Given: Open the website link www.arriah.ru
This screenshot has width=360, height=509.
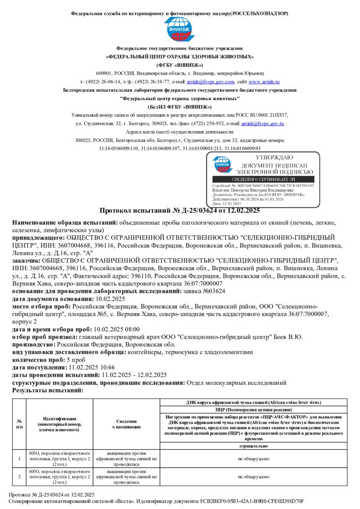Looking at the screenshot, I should click(264, 82).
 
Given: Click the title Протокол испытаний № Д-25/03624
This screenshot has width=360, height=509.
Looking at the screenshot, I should click(180, 210).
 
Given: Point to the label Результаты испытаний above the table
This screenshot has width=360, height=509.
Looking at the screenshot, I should click(48, 390).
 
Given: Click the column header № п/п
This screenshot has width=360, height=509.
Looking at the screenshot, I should click(19, 424).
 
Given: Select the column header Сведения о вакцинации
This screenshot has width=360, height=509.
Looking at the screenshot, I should click(126, 424).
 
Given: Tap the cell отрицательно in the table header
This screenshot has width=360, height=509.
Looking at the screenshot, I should click(254, 446).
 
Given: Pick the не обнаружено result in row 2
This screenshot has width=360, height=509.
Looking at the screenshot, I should click(254, 476).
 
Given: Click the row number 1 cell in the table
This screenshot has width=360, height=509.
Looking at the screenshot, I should click(19, 459).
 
